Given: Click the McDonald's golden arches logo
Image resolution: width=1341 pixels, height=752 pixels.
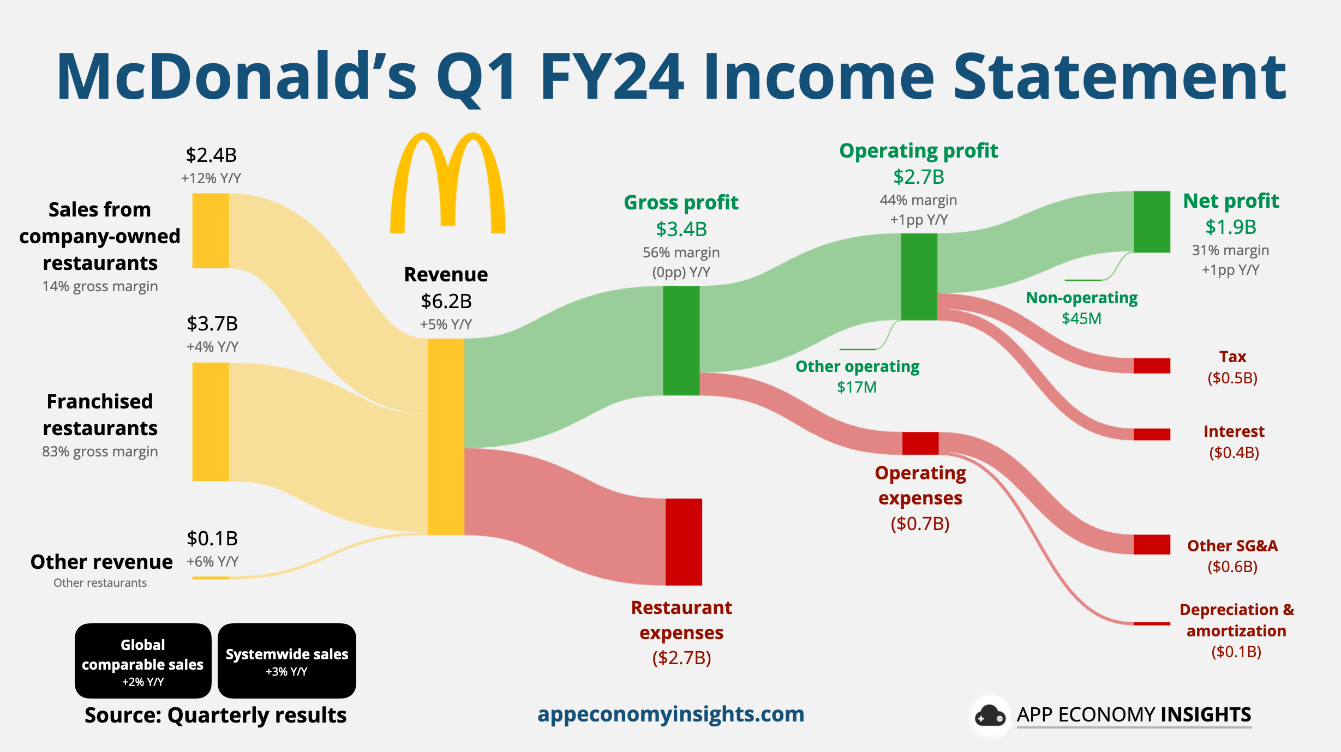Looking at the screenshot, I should point(447,183).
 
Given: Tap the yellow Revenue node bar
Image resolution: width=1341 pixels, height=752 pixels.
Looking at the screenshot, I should point(446,436).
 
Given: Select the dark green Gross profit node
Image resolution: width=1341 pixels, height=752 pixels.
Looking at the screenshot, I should point(681,340).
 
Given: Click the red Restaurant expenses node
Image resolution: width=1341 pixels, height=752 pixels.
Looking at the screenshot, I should point(684,542).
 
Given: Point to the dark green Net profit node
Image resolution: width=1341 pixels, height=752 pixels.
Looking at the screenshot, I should point(1152,221).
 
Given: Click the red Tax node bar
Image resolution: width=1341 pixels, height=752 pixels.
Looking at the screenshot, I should point(1152,365).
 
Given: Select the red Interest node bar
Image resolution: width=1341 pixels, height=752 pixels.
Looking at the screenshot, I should point(1152,434).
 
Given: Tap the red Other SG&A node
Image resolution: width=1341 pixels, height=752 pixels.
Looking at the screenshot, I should point(1152,544).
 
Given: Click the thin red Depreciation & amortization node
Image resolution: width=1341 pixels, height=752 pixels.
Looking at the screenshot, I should point(1152,623).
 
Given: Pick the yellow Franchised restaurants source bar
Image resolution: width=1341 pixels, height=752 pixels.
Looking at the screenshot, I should point(211,422).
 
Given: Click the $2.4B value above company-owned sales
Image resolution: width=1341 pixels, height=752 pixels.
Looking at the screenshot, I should point(211,155).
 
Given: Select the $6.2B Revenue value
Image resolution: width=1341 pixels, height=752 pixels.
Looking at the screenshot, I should point(446,301).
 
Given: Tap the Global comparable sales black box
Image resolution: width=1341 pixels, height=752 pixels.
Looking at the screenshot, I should point(143,660).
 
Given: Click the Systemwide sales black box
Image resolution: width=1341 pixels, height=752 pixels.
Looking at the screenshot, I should point(287,660).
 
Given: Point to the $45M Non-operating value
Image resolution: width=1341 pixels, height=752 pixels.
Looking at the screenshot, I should point(1081,318).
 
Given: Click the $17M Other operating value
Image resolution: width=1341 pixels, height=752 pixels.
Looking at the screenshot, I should point(857,387).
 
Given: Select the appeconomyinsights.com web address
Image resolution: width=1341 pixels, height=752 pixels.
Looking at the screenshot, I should point(670,714).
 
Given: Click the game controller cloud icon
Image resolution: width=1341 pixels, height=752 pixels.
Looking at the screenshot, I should point(990,715).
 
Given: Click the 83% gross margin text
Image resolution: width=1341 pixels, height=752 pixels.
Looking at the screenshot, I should point(100,452).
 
